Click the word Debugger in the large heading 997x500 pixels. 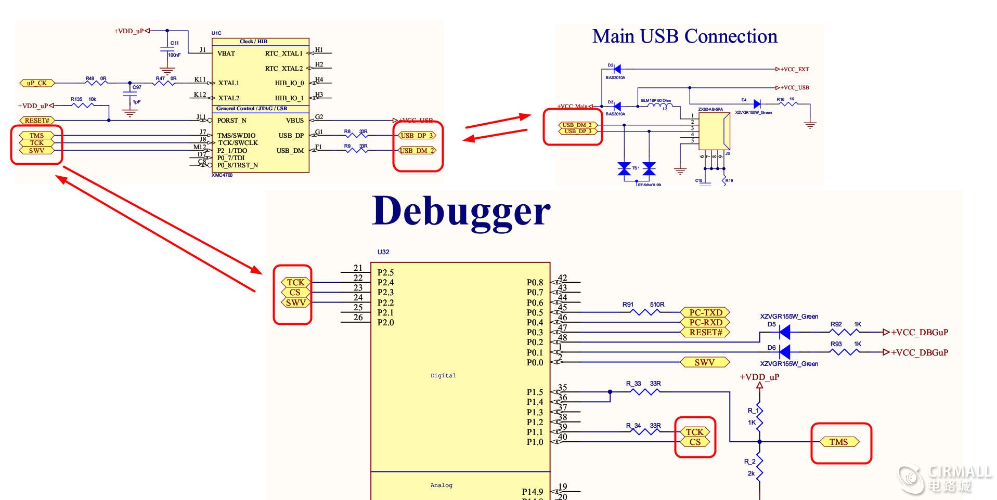[461, 212]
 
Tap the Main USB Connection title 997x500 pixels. [684, 36]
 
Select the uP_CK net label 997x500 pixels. [37, 83]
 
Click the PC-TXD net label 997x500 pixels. [705, 312]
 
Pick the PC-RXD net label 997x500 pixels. [705, 322]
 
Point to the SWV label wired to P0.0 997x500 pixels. [705, 362]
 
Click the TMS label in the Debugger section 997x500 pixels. [838, 442]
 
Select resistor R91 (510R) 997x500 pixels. [645, 312]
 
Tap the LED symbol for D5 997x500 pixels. [785, 332]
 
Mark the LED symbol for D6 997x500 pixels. [785, 352]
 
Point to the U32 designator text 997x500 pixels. [383, 252]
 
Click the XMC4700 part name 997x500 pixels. [222, 176]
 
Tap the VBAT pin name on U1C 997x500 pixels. [226, 54]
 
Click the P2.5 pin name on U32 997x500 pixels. [385, 272]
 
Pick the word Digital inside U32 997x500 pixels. [443, 376]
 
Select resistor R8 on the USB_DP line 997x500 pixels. [356, 135]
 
